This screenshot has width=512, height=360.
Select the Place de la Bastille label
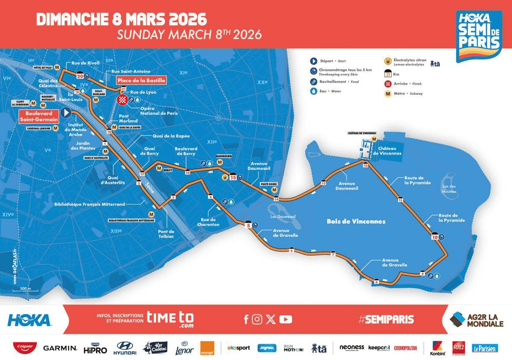tap(141, 80)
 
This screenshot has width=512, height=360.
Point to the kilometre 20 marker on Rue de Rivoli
tap(80, 76)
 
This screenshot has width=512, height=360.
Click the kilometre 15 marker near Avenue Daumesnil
tap(233, 177)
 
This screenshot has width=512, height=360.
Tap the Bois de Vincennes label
tap(356, 222)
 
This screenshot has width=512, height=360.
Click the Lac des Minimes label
tap(449, 189)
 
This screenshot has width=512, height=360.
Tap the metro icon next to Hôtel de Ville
tap(57, 68)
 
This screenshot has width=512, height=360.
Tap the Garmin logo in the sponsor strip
tap(60, 348)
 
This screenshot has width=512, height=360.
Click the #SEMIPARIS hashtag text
tap(386, 319)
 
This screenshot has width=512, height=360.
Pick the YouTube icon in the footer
tap(286, 319)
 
